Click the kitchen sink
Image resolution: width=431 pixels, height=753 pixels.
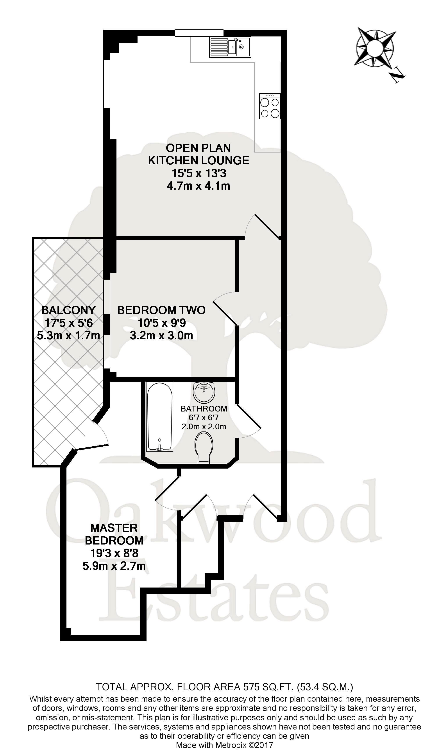[230, 47]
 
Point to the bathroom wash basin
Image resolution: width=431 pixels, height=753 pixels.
[204, 392]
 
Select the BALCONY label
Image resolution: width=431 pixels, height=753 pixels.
[68, 310]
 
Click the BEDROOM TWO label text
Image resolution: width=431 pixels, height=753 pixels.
[161, 310]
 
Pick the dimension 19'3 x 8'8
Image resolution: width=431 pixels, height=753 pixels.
[114, 553]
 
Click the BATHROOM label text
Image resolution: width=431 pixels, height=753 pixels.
[204, 409]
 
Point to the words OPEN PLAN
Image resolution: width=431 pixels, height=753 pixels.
[198, 148]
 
